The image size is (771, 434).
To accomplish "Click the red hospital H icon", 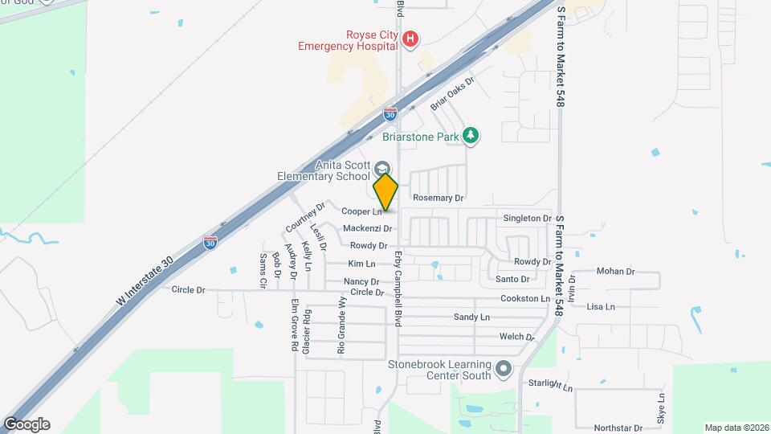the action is click(410, 39).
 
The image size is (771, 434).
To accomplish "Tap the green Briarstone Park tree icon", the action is click(472, 136).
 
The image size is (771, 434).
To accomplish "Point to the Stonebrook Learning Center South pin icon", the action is click(504, 369).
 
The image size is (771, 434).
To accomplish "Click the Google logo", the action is click(27, 424).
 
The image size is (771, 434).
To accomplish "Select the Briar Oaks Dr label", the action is click(453, 93).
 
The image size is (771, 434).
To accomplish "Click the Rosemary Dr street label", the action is click(439, 198).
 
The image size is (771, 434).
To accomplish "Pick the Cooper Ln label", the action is click(361, 212).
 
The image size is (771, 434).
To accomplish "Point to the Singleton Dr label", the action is click(528, 218).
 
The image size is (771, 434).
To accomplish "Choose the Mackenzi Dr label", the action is click(367, 229).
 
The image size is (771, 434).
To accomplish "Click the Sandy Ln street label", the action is click(471, 317).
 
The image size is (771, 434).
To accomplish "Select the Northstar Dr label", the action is click(618, 428).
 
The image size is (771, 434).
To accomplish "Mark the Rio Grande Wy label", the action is click(341, 325).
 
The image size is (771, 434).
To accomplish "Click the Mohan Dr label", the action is click(616, 272).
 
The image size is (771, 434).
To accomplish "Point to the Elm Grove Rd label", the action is click(295, 325).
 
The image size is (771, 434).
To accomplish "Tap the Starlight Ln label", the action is click(550, 385).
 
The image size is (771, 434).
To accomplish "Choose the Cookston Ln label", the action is click(525, 299).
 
